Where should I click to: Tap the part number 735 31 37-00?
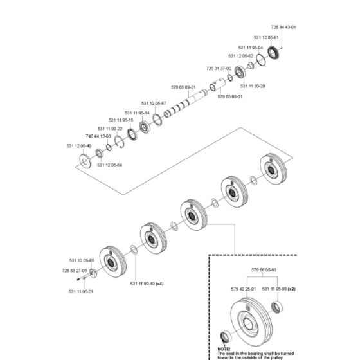click(218, 67)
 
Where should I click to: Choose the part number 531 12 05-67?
click(154, 104)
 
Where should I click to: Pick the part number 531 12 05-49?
click(79, 146)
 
